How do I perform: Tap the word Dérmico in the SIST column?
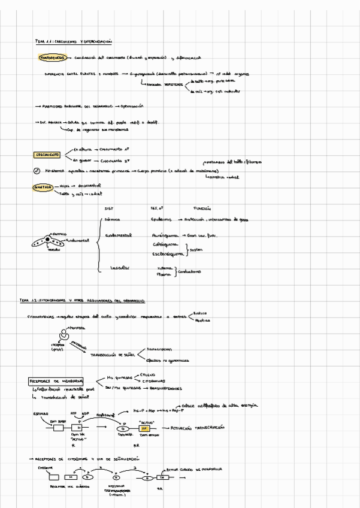(x=113, y=219)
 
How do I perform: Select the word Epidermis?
(x=163, y=219)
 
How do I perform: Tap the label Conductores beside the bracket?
(x=189, y=271)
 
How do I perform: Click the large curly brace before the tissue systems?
(x=98, y=243)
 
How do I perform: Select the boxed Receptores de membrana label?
(x=56, y=380)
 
